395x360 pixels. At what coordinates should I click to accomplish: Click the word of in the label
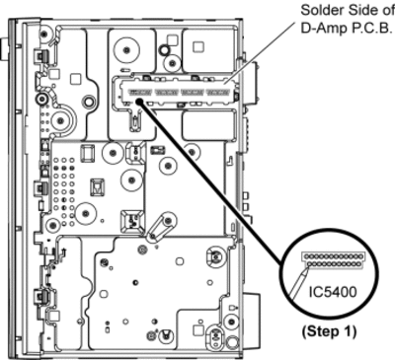click(x=388, y=11)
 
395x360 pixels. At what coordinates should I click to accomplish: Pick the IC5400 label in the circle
click(x=333, y=292)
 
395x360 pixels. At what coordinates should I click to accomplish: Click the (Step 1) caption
click(x=329, y=331)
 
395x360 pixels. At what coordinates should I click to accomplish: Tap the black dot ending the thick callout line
click(x=139, y=102)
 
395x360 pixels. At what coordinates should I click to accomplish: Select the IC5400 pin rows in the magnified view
click(x=333, y=259)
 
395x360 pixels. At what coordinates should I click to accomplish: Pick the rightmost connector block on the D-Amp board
click(x=217, y=93)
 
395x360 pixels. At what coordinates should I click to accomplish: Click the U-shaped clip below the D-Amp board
click(x=135, y=120)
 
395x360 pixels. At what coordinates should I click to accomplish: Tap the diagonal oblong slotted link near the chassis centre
click(x=158, y=227)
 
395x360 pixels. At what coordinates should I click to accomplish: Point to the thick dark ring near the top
click(x=164, y=50)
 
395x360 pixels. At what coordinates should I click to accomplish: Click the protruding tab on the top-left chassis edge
click(x=4, y=49)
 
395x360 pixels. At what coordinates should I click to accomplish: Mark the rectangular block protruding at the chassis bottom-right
click(x=252, y=309)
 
